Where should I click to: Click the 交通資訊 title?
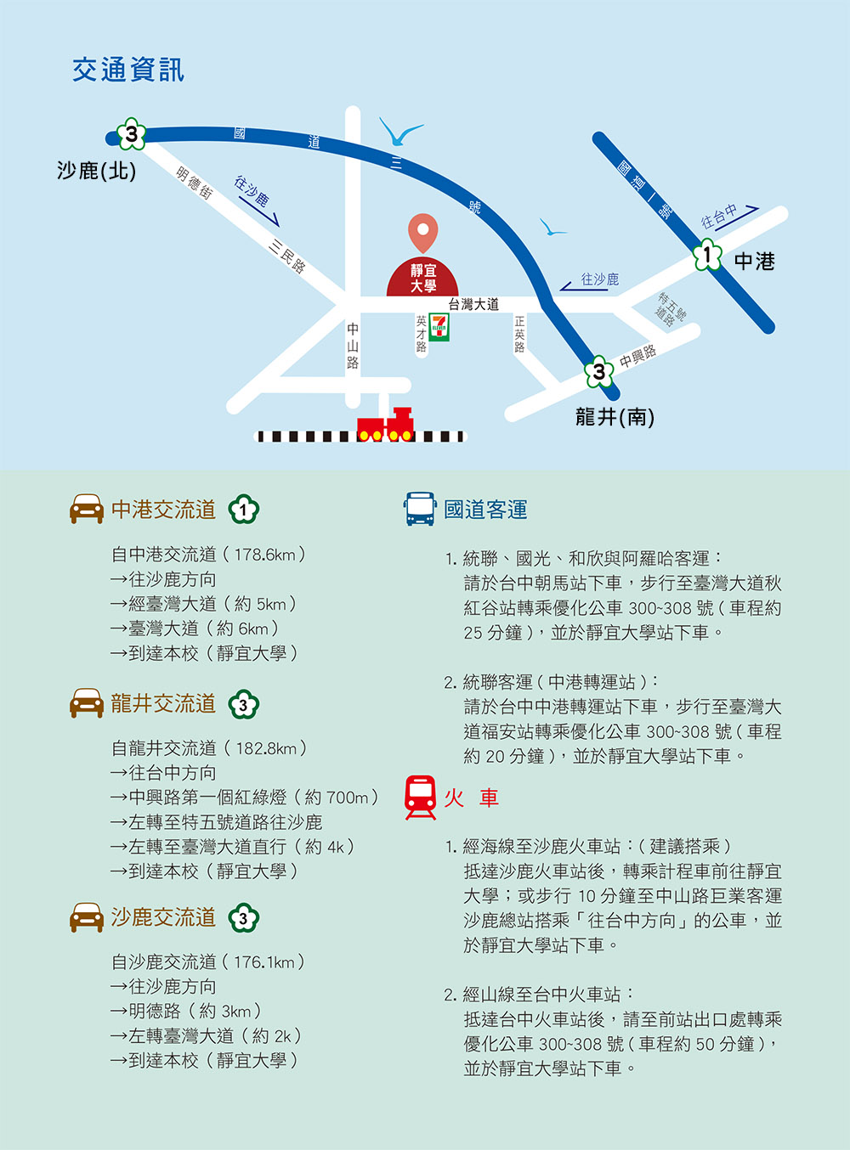click(127, 70)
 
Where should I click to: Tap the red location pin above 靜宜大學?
click(423, 233)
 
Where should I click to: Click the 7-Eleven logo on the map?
click(439, 327)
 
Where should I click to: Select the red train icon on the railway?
click(385, 425)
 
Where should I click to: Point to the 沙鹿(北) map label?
click(97, 171)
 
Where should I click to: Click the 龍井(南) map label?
click(615, 417)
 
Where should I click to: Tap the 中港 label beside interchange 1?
click(755, 262)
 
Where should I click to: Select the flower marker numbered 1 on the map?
click(707, 255)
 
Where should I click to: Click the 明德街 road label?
click(194, 183)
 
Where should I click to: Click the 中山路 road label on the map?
click(353, 346)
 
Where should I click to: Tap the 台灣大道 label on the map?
click(473, 304)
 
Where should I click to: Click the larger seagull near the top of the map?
click(400, 132)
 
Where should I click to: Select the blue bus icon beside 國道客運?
click(420, 509)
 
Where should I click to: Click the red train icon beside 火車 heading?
click(421, 798)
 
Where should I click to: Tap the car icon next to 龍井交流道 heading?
click(87, 703)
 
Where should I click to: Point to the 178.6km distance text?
click(264, 555)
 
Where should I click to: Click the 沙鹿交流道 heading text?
click(163, 916)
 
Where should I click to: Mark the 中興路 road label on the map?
click(637, 356)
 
